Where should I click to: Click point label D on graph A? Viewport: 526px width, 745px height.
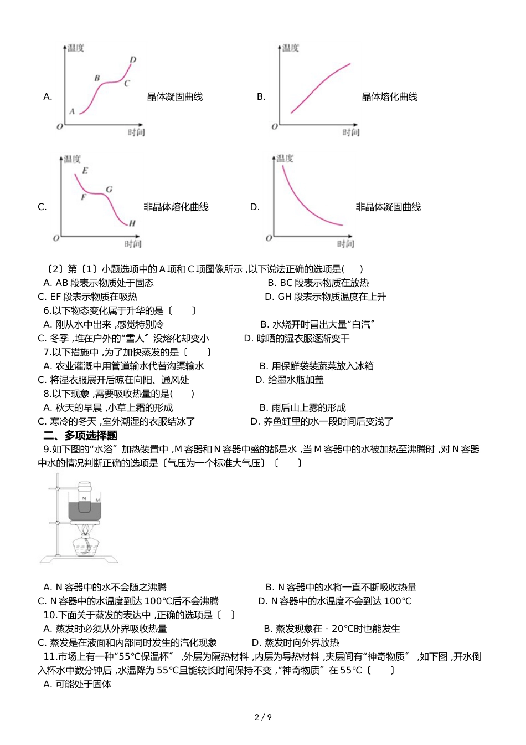(133, 59)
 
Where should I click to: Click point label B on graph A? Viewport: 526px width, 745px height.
(97, 78)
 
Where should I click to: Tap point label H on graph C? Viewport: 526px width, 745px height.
(132, 223)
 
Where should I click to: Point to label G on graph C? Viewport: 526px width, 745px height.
(109, 189)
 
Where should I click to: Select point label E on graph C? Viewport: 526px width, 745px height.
(85, 170)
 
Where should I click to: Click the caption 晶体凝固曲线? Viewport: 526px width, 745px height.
(175, 97)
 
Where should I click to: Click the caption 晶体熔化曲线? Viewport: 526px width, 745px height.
(389, 97)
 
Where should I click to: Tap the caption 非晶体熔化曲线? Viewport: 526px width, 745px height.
(176, 207)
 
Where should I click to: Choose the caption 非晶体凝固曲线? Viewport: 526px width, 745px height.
(388, 207)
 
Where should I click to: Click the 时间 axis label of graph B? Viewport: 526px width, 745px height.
(351, 132)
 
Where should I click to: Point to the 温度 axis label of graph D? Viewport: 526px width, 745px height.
(285, 159)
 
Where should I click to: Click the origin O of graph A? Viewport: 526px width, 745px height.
(60, 126)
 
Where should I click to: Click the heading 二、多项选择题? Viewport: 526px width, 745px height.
(80, 435)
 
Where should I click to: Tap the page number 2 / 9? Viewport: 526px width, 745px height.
(263, 717)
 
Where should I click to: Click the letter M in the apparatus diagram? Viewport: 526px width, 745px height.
(98, 500)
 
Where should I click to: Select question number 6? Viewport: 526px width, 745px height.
(47, 310)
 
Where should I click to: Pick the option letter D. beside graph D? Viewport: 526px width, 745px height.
(255, 207)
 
